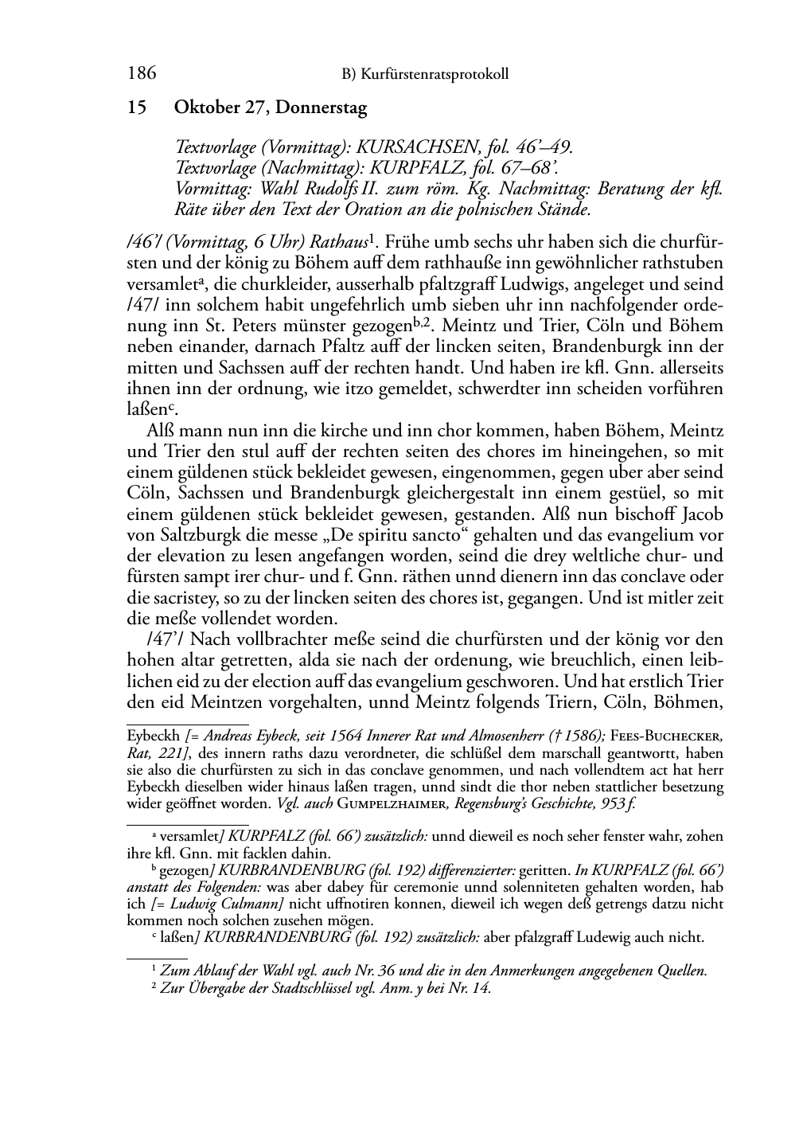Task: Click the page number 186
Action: pyautogui.click(x=141, y=74)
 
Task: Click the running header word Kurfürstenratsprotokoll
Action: pyautogui.click(x=435, y=75)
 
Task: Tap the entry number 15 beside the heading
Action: pyautogui.click(x=137, y=108)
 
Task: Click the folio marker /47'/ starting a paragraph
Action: pyautogui.click(x=166, y=639)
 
